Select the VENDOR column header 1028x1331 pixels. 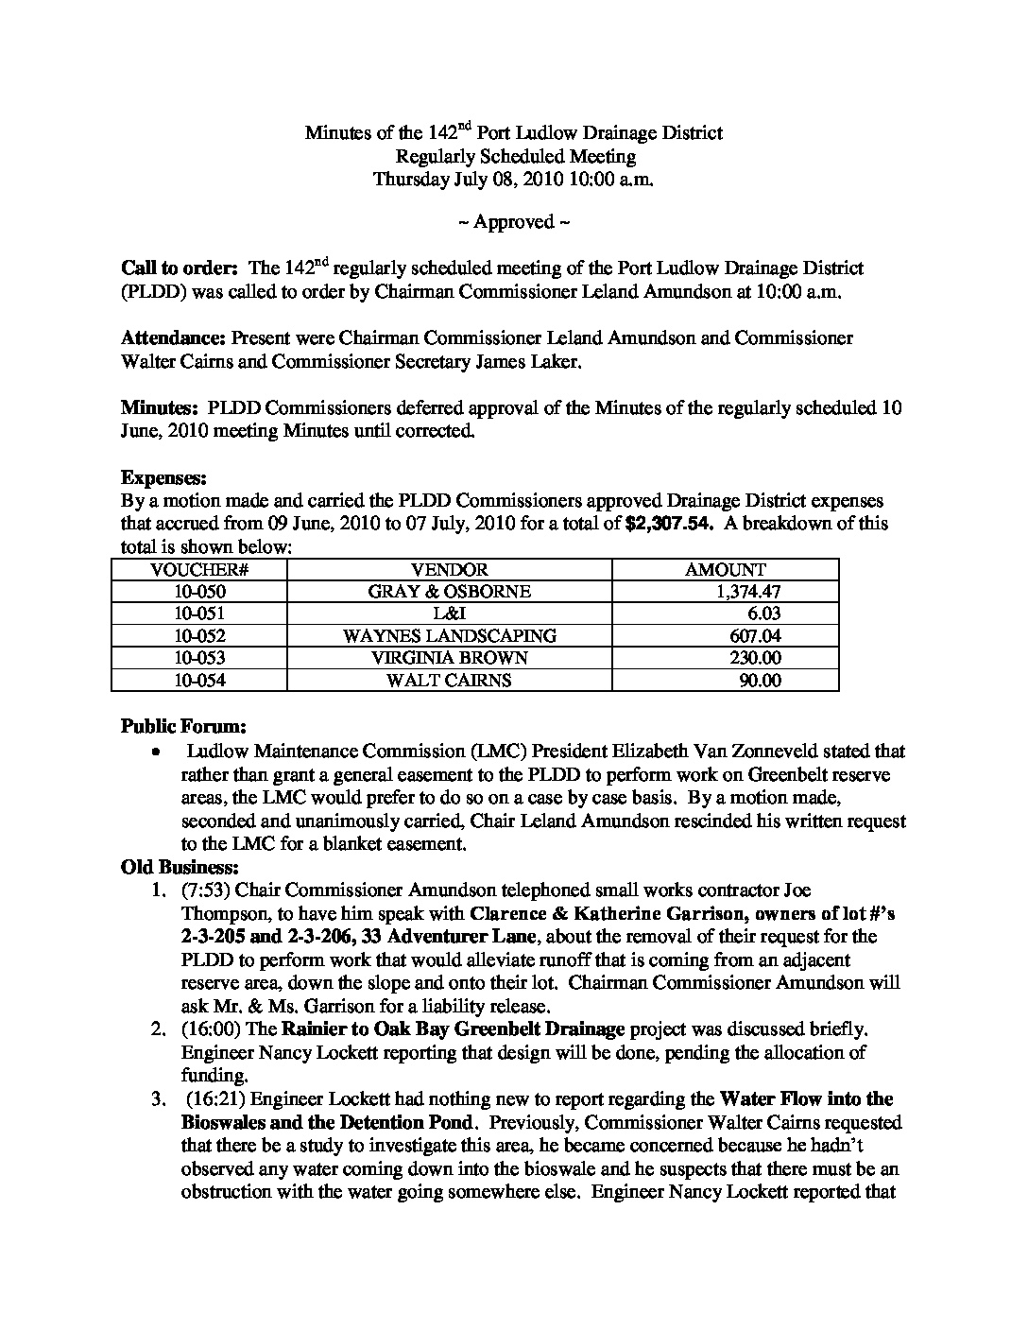click(x=450, y=570)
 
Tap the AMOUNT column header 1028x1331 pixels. click(x=725, y=570)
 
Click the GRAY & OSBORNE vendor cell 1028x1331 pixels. click(x=450, y=592)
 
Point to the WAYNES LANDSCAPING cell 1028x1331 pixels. click(x=450, y=636)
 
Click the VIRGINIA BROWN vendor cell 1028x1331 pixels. click(x=450, y=658)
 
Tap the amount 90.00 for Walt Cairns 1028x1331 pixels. click(x=760, y=680)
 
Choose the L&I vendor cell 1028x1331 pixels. click(x=450, y=614)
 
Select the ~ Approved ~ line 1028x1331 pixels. click(x=514, y=222)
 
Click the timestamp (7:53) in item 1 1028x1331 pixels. click(x=208, y=890)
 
